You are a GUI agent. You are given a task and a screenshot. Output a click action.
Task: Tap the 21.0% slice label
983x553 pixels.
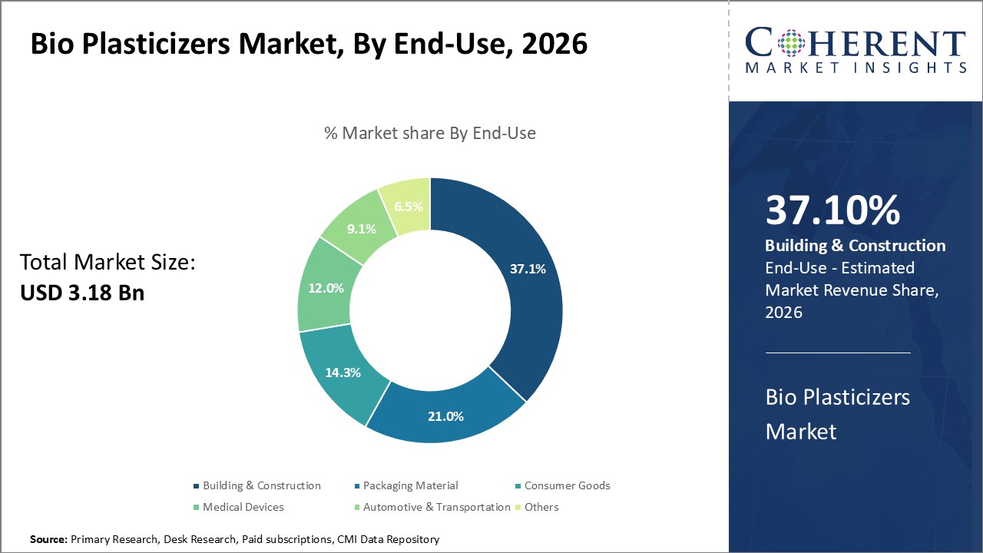[445, 416]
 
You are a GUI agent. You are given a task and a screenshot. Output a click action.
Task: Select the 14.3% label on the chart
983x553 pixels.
[343, 373]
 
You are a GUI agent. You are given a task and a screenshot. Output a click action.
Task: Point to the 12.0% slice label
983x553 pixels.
[326, 287]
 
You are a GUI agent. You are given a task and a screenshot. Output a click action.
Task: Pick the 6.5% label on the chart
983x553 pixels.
[407, 206]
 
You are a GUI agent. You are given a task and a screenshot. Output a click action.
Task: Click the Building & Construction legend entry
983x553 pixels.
[261, 485]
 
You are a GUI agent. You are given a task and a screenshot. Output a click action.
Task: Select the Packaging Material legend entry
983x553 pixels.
[410, 485]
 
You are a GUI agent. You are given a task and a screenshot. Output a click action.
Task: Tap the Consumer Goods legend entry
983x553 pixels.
[567, 485]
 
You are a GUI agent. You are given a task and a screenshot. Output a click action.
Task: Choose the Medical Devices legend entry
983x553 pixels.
[243, 507]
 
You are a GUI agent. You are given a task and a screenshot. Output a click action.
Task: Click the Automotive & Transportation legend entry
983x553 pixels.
[436, 507]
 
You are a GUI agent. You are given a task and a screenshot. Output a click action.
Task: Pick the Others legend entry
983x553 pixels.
[541, 507]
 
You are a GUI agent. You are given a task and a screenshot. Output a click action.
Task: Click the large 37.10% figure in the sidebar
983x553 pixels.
[832, 210]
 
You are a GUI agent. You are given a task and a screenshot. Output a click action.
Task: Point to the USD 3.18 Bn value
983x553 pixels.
[82, 292]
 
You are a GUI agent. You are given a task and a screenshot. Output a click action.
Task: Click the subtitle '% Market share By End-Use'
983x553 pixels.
[429, 133]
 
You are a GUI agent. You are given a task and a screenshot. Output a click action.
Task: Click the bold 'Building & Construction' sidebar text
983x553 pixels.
[855, 246]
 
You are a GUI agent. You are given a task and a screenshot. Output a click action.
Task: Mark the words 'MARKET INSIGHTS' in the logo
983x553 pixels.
[856, 68]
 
